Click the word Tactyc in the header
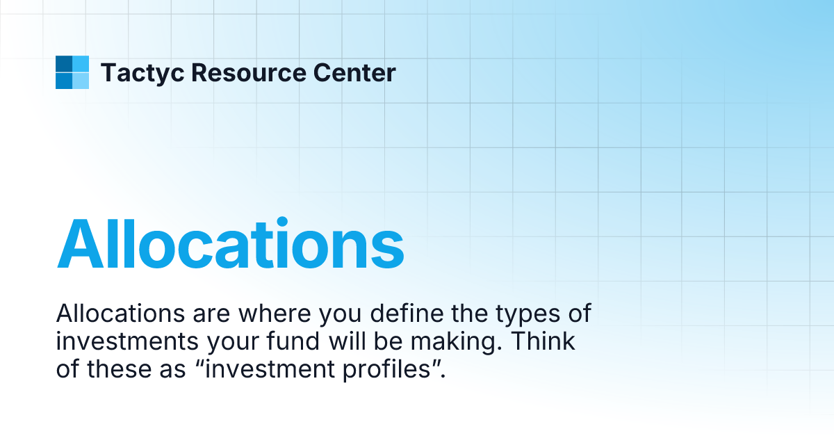[x=142, y=72]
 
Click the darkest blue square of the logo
[x=63, y=64]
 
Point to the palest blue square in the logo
[x=81, y=81]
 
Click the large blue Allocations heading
[x=230, y=245]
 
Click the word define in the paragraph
[x=403, y=314]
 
